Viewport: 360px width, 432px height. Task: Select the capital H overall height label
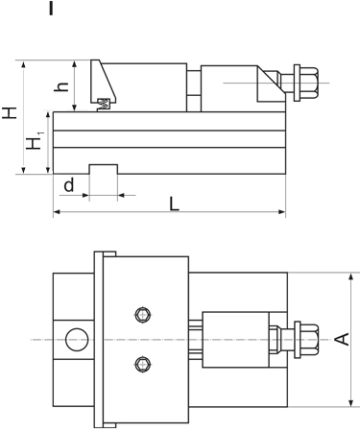pos(10,113)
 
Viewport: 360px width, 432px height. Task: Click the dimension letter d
pos(68,183)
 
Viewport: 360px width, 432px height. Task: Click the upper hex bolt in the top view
pos(143,315)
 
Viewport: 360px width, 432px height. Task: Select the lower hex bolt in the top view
pos(143,363)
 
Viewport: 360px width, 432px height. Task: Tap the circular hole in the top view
pos(74,338)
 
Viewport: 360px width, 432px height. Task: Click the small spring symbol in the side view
pos(103,102)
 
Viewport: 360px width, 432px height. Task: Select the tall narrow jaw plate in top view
pos(102,339)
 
